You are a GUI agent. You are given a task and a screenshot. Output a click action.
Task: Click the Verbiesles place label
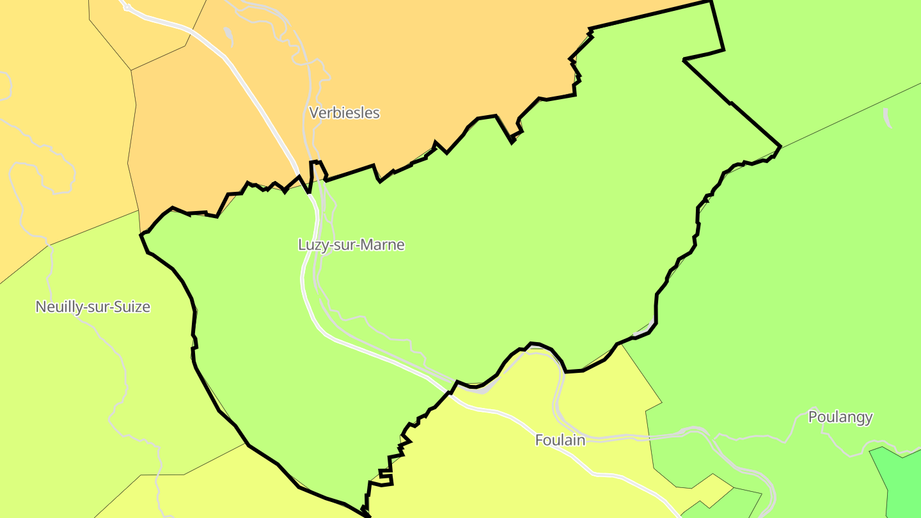coord(344,113)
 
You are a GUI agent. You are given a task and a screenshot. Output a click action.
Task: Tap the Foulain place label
coord(560,440)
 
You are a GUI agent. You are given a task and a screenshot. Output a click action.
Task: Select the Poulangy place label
coord(840,417)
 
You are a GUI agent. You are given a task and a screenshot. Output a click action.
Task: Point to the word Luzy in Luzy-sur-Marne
coord(311,245)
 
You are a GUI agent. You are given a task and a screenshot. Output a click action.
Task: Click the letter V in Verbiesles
coord(314,113)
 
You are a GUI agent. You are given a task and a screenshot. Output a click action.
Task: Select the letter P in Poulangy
coord(813,417)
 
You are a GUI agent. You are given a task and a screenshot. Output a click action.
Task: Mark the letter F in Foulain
coord(539,440)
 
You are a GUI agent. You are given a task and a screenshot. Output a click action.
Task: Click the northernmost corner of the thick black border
coord(711,1)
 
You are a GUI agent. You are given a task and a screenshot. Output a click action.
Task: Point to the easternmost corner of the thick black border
coord(780,146)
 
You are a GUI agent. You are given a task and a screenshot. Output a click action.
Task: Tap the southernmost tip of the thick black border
coord(368,515)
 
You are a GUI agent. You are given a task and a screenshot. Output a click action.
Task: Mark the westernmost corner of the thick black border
coord(141,235)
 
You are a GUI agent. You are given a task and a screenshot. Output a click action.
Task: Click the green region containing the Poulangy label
coord(799,288)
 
